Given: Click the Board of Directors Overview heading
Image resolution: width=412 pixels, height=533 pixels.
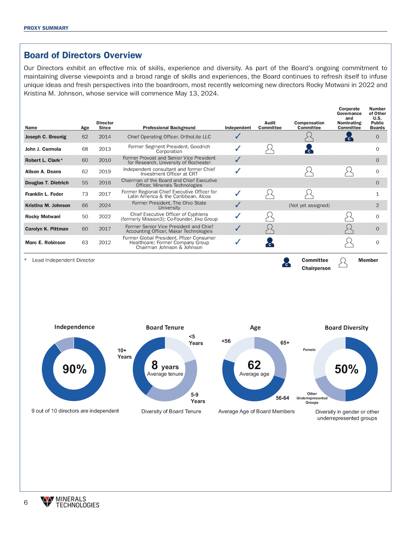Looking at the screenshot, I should [83, 55].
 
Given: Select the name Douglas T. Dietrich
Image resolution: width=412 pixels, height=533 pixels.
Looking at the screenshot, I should [47, 183].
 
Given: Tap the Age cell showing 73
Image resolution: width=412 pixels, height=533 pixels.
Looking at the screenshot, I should [85, 194].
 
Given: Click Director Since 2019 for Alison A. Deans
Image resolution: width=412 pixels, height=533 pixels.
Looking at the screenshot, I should [105, 172].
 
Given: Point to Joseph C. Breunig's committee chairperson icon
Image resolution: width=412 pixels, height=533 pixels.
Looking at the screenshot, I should [349, 137].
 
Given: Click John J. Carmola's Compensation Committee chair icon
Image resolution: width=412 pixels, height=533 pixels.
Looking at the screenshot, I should [309, 149].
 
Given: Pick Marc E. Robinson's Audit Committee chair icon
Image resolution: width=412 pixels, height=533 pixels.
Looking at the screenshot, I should [270, 242].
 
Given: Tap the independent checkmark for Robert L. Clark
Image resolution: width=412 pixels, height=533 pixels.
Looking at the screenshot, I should [238, 160].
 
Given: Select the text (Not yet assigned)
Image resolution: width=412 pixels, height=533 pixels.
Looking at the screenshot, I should [309, 205].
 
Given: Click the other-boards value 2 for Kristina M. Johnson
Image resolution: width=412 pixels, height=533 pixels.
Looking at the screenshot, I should [377, 205].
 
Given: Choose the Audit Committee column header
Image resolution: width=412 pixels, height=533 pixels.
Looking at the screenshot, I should [270, 125].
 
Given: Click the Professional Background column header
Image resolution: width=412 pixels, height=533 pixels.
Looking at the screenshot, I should [169, 128].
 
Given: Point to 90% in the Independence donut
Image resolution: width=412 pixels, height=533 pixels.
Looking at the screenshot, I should [75, 369].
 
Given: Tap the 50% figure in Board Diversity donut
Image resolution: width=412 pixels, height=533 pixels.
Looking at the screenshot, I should [346, 369].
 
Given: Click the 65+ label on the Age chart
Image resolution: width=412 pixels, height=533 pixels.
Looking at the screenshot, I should [285, 343].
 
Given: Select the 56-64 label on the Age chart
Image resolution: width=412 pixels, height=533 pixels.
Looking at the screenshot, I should [282, 398].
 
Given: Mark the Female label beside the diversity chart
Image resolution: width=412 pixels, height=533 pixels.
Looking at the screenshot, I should [309, 350].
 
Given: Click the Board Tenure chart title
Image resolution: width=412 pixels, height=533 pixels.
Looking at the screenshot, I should [165, 328].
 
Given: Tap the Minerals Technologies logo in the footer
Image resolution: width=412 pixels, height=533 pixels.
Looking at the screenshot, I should [70, 502].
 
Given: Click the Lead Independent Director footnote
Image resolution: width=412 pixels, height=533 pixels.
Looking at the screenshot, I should [63, 260].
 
